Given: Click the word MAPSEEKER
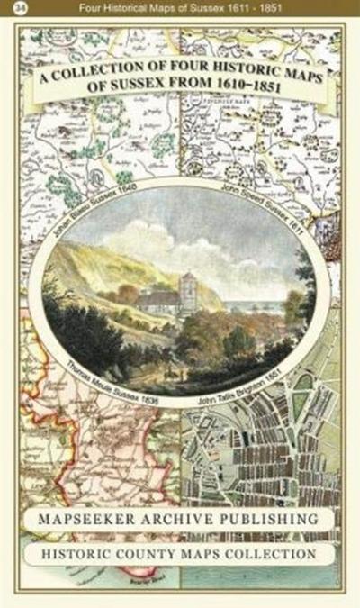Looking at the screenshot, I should (101, 521).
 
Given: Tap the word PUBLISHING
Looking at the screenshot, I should (270, 520).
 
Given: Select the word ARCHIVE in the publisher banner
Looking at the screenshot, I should (188, 521).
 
